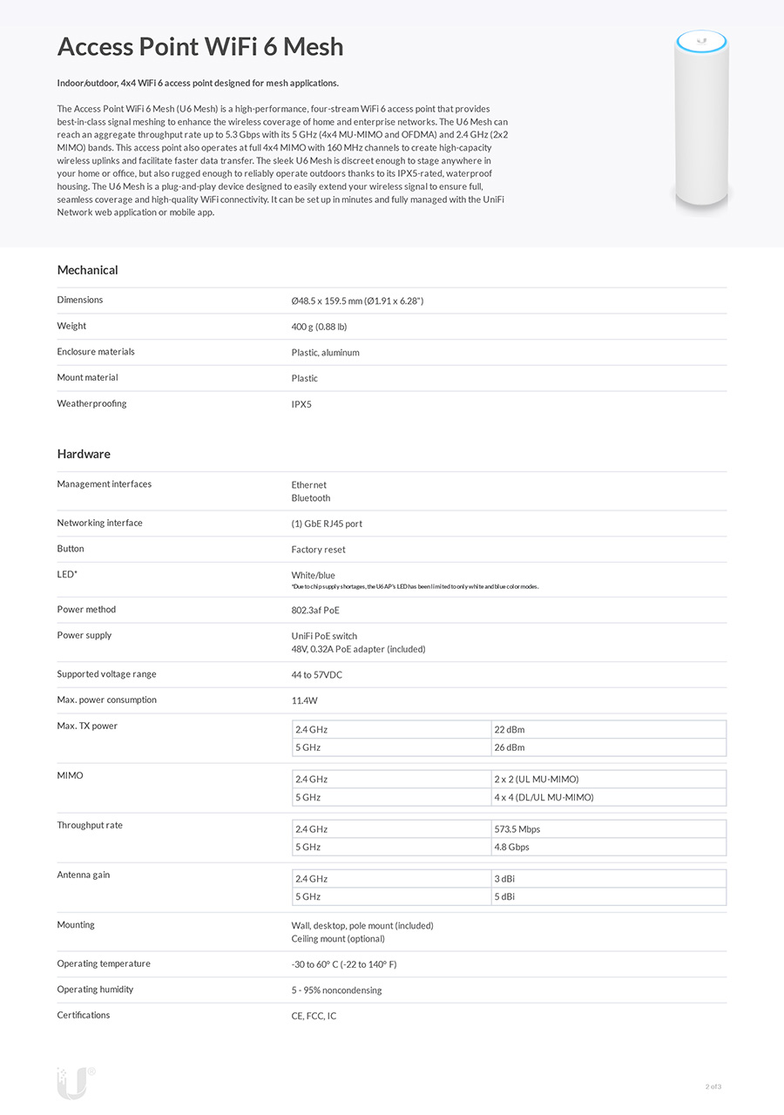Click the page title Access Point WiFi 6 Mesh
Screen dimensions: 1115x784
tap(200, 46)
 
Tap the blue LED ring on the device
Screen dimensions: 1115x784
tap(701, 39)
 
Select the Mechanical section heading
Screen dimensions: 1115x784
tap(87, 270)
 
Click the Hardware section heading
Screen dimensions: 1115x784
tap(84, 454)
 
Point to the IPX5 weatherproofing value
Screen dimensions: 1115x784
tap(301, 404)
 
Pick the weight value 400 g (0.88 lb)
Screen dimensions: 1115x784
tap(319, 327)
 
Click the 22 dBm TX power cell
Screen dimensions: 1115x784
tap(510, 730)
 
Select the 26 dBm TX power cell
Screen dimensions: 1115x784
tap(510, 747)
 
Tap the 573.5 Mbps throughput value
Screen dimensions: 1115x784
tap(517, 829)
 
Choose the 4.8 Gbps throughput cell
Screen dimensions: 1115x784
tap(511, 847)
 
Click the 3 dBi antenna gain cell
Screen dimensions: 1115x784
tap(504, 879)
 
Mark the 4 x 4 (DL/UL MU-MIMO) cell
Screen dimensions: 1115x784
tap(544, 797)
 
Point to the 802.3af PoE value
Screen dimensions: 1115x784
tap(315, 611)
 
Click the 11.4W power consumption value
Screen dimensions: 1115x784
tap(306, 700)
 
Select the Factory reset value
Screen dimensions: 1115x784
tap(318, 550)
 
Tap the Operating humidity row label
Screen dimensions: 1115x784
tap(95, 990)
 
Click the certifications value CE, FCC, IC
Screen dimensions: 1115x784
tap(314, 1016)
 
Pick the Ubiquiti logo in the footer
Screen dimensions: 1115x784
tap(74, 1082)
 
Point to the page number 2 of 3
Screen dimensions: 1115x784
tap(713, 1086)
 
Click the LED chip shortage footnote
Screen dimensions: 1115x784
tap(415, 587)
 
